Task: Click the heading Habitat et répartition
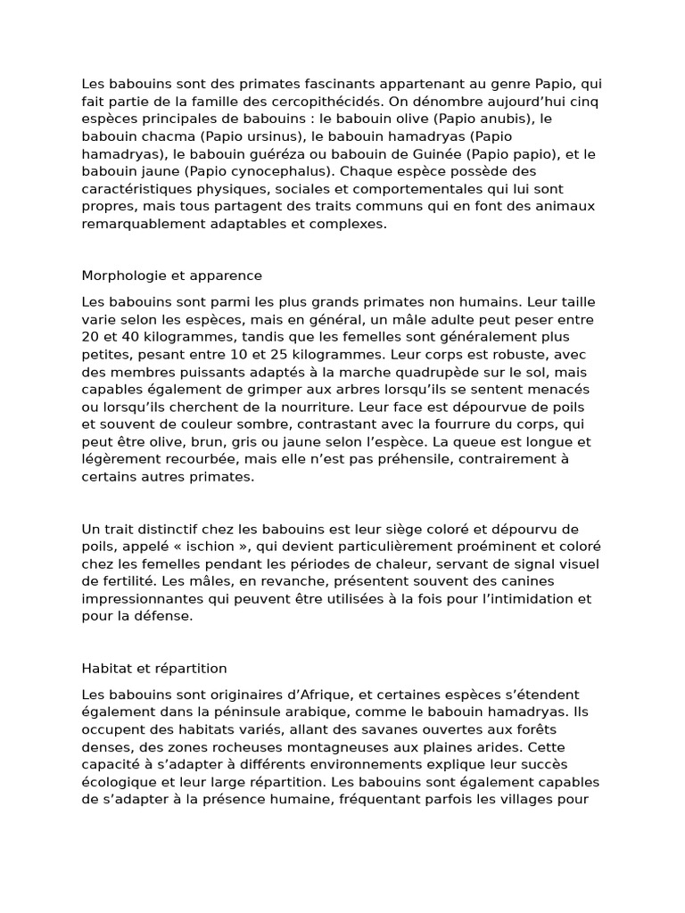tap(154, 668)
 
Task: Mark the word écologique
tap(119, 782)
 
